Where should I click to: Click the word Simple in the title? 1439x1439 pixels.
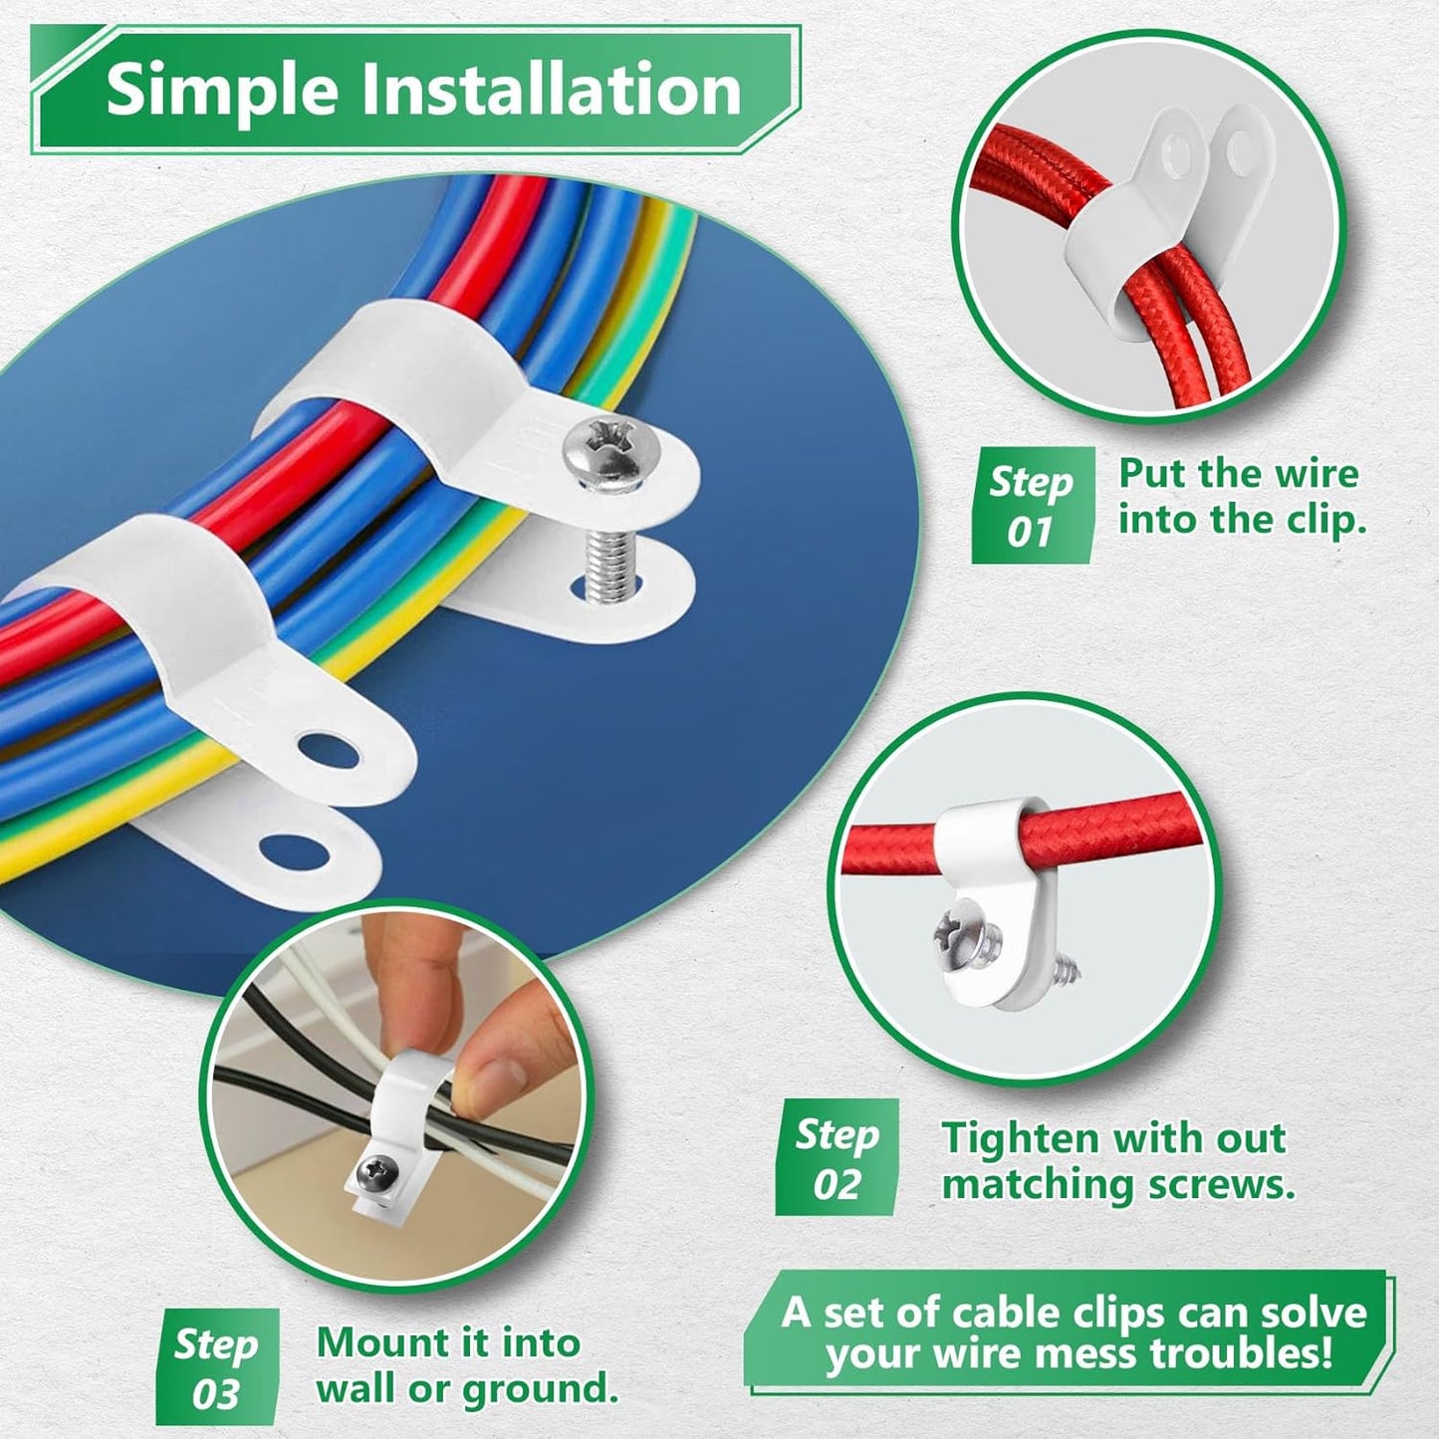click(x=224, y=90)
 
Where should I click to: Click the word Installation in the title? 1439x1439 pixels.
click(x=550, y=90)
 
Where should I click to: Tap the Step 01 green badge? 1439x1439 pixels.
click(x=1032, y=506)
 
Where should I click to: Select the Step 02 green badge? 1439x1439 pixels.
click(x=837, y=1158)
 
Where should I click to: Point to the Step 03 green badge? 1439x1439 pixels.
click(x=216, y=1367)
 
